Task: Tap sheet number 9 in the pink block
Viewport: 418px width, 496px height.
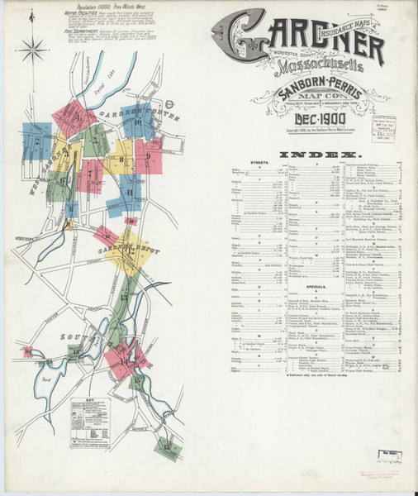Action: (x=148, y=155)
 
